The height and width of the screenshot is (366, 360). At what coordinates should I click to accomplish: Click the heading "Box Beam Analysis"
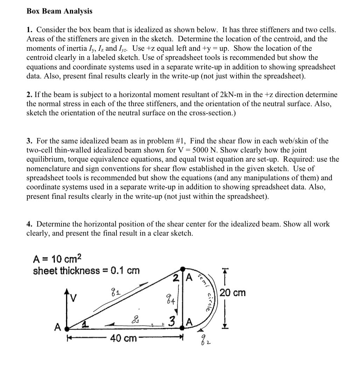(x=59, y=11)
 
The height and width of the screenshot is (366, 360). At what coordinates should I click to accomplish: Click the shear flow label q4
(x=171, y=299)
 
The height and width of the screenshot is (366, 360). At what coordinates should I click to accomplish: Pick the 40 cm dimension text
(x=123, y=338)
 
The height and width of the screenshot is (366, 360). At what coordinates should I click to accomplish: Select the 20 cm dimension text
(x=233, y=292)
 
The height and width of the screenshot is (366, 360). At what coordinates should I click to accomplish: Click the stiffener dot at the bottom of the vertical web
(x=183, y=328)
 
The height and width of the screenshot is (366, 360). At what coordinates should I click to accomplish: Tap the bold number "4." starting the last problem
(x=30, y=224)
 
